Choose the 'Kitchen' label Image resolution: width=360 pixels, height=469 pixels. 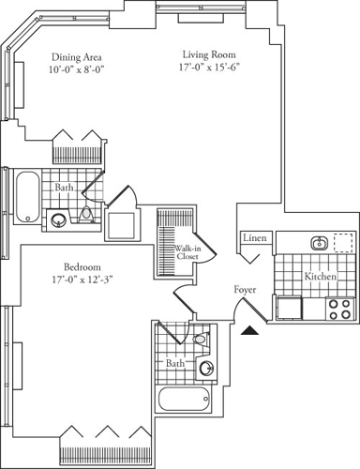point(322,277)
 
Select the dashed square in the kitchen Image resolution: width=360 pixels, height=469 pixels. point(344,242)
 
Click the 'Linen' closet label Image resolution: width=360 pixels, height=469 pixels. point(256,239)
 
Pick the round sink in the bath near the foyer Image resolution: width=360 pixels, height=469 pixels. point(206,368)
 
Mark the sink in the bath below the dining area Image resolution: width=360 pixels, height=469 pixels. point(59,221)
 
